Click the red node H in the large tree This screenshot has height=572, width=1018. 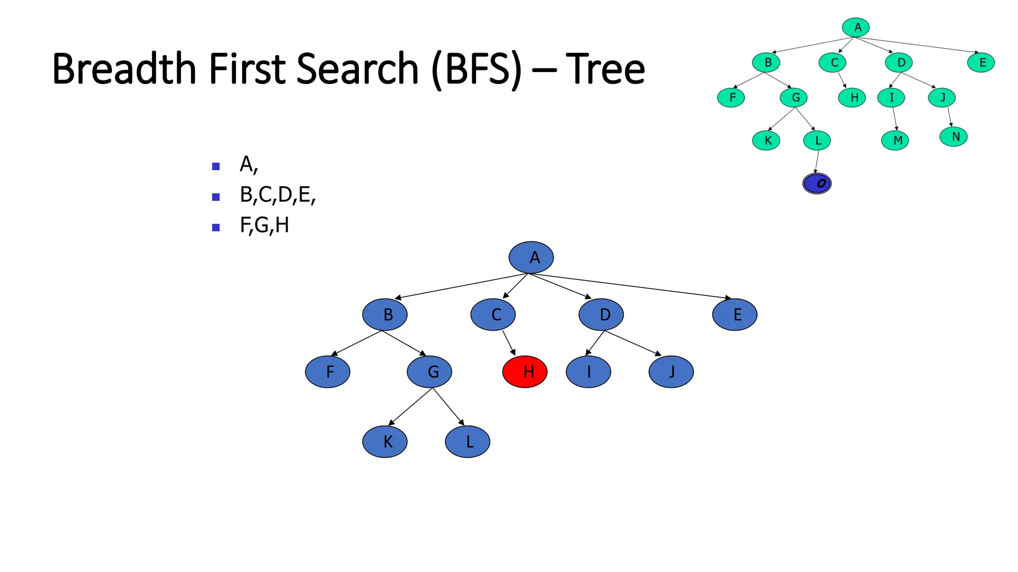525,371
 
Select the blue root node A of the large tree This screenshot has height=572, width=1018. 531,258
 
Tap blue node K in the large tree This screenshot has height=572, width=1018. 385,441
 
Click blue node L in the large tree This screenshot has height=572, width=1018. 467,441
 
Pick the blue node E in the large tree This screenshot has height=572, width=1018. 735,314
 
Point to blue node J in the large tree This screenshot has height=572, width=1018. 671,371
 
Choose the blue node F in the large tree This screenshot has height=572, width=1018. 328,371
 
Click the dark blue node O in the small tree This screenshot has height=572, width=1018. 817,184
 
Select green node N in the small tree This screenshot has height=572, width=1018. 953,137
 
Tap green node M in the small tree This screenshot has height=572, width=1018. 895,141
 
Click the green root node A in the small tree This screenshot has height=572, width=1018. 855,27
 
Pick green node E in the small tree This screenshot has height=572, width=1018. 981,63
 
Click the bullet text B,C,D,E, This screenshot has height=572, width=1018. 277,195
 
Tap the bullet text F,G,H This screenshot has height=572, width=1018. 264,225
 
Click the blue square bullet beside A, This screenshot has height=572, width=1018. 216,166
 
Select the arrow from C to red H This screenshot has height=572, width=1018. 509,343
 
